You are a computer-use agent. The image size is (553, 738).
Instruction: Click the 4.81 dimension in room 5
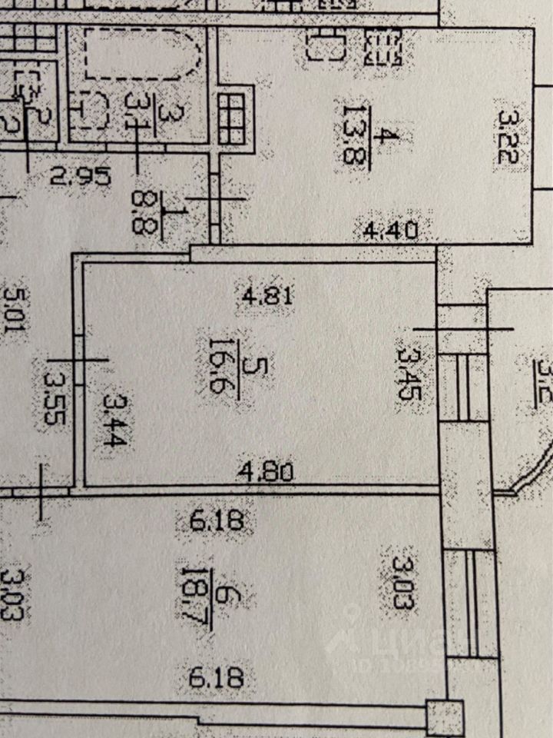(x=268, y=296)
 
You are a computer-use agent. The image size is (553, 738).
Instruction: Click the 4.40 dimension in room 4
(x=390, y=228)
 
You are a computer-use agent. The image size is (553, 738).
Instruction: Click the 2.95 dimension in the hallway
(x=81, y=176)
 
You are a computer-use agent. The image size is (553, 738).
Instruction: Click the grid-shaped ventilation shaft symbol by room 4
(x=234, y=118)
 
